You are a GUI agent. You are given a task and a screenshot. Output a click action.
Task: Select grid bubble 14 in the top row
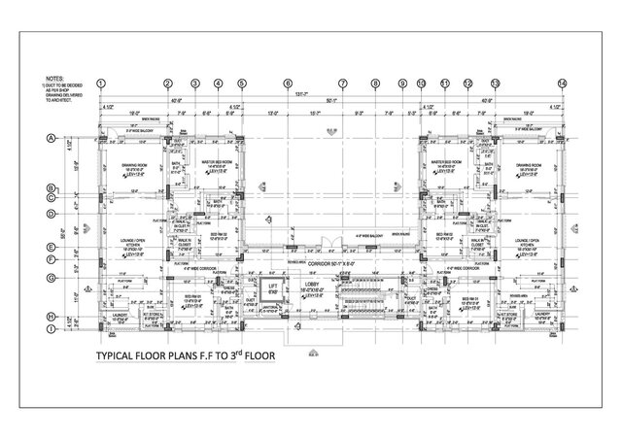pos(561,84)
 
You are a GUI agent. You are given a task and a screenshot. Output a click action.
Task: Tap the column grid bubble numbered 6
pos(288,84)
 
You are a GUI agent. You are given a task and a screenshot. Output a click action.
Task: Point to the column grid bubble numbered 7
pos(342,84)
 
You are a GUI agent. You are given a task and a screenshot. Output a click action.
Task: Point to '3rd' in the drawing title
pos(237,355)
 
